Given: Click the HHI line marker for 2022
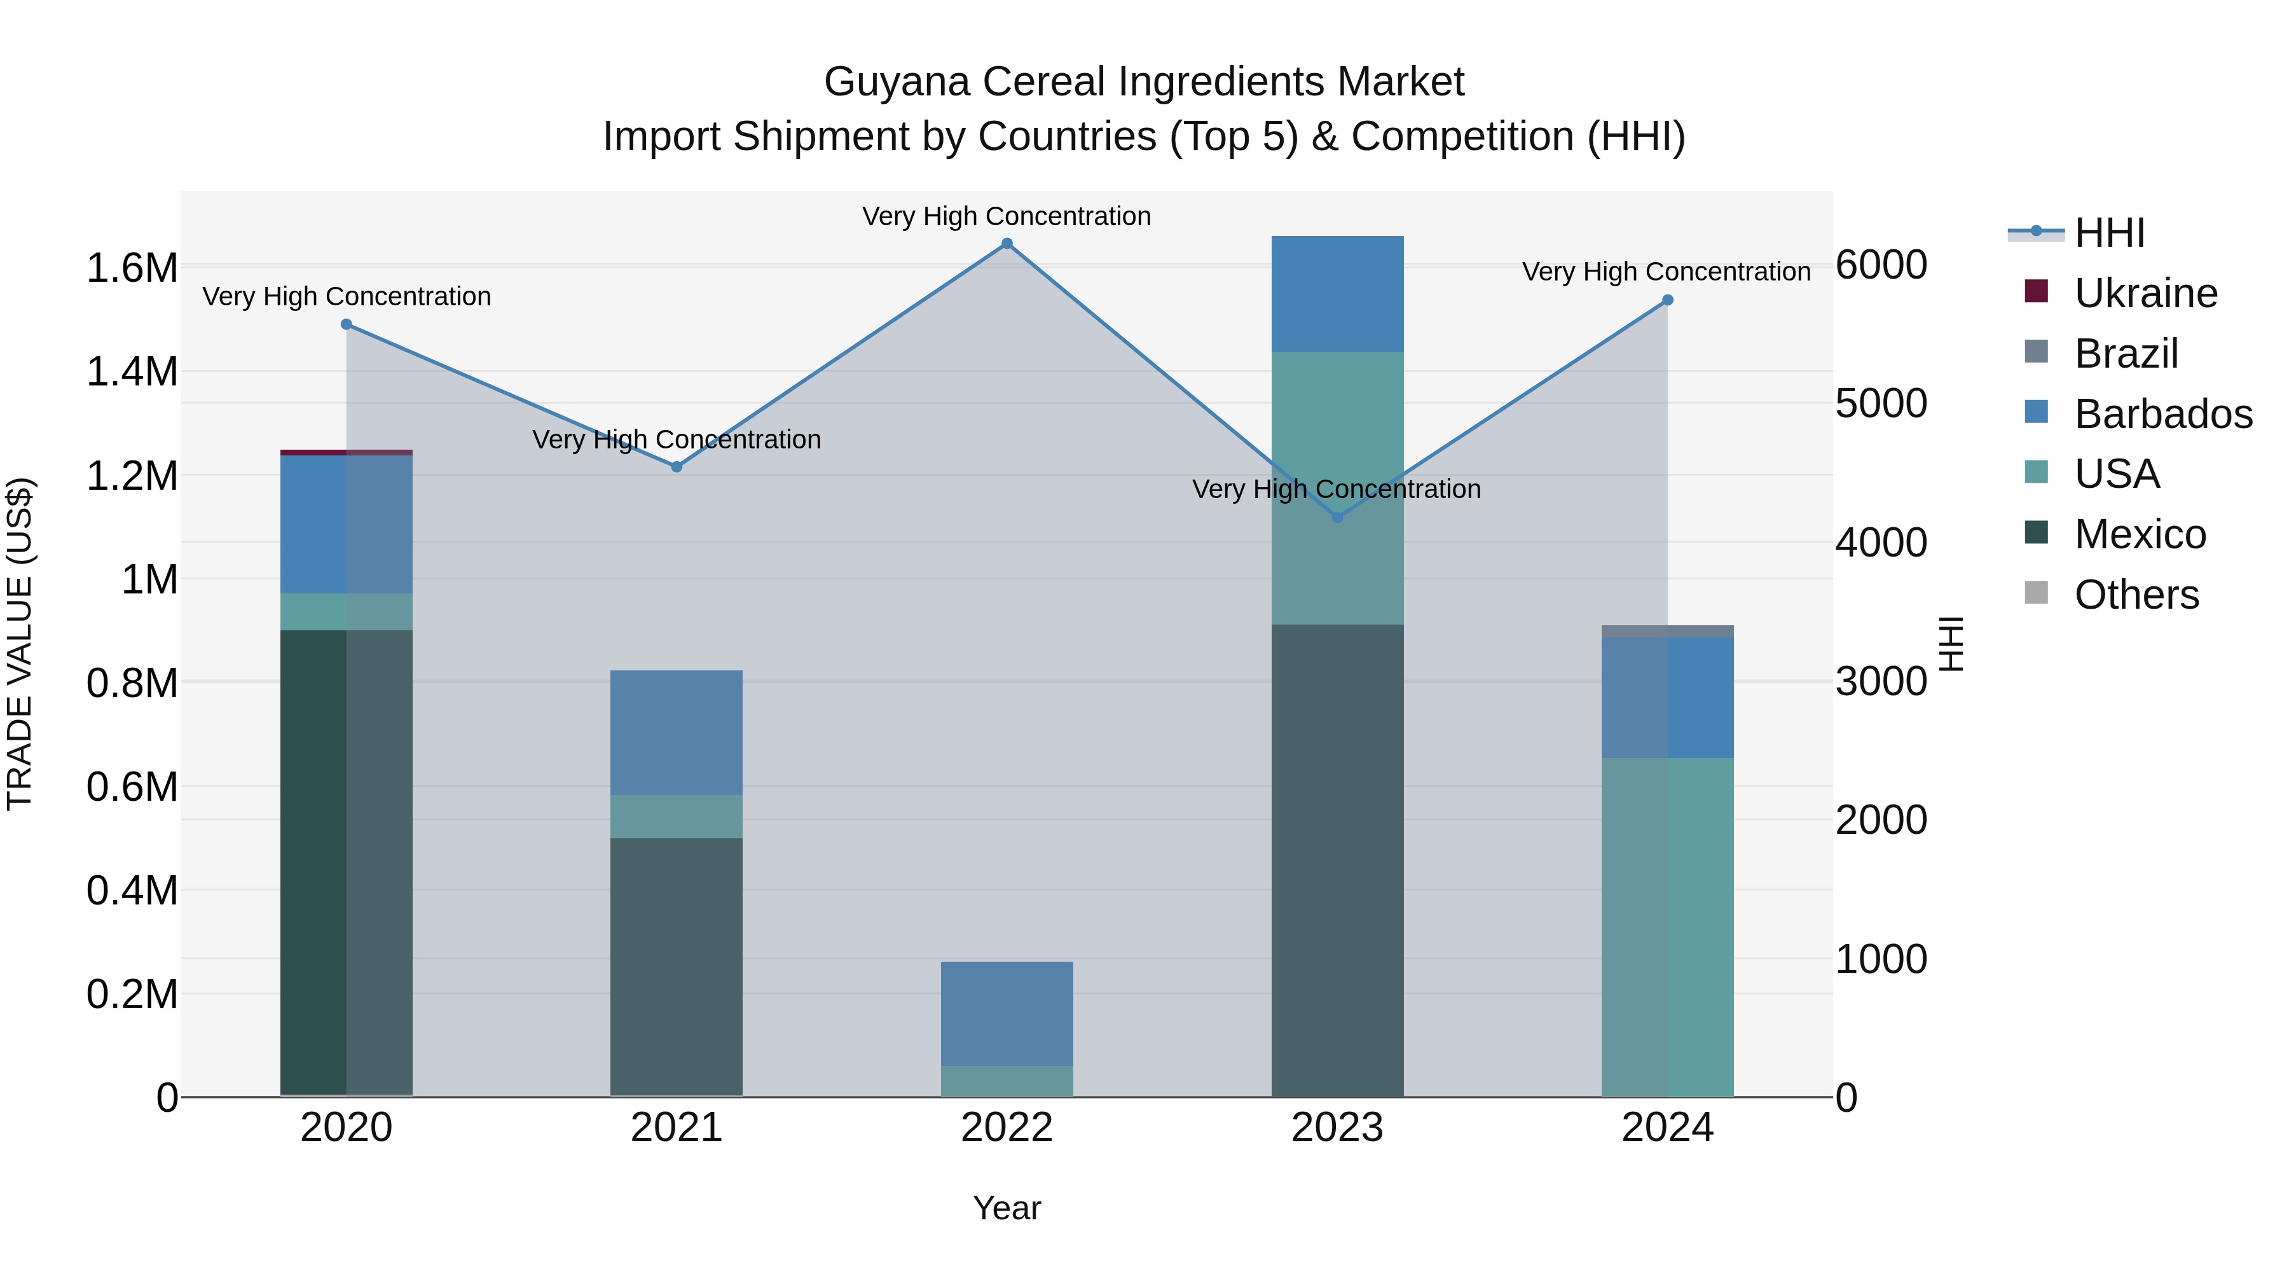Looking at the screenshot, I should (1007, 244).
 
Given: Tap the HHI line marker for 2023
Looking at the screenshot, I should (1337, 517).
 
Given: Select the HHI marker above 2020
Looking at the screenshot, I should (347, 324).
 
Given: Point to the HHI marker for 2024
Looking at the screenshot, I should (1668, 300).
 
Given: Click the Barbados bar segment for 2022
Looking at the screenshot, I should (1007, 1013).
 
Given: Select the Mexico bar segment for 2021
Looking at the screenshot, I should (677, 967).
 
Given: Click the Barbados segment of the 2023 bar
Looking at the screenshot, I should (1337, 293).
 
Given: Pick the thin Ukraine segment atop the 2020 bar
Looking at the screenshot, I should (347, 452).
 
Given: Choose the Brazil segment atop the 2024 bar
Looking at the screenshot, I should (1668, 631).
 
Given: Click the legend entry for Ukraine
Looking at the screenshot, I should (2145, 293).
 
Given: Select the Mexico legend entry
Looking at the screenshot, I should (2139, 534).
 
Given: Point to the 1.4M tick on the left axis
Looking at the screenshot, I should (132, 371).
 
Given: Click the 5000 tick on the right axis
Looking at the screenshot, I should (1880, 403).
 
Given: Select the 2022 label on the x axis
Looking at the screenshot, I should (1007, 1128).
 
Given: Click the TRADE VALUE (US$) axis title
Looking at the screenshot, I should (20, 644).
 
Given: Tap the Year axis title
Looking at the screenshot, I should (1007, 1208).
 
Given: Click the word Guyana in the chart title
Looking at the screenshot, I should (897, 82).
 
